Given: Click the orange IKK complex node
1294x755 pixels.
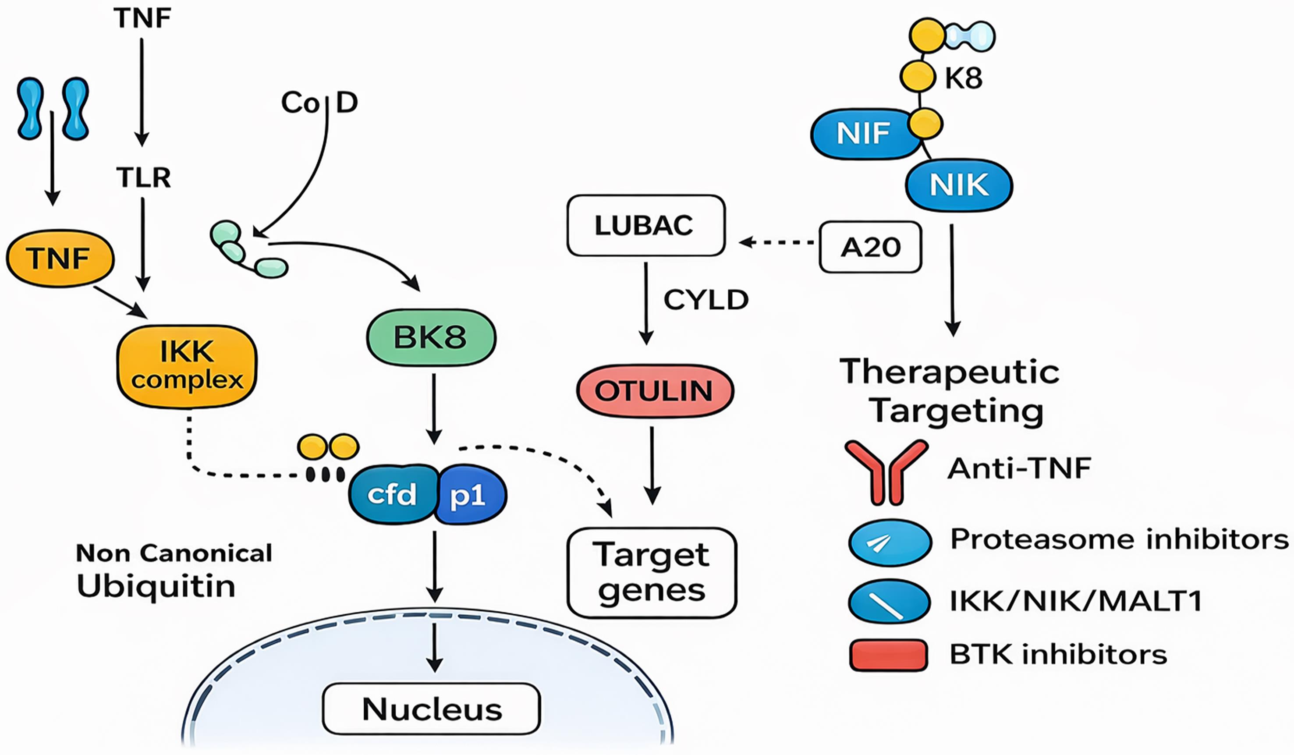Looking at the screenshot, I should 187,366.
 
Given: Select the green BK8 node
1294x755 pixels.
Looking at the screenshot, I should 431,337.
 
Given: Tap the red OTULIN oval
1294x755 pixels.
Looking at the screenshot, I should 655,391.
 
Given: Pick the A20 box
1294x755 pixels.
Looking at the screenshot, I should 870,247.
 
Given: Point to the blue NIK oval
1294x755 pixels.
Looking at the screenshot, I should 958,185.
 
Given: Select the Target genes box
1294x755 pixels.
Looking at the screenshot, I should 652,573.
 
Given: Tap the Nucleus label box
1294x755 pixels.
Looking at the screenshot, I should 431,709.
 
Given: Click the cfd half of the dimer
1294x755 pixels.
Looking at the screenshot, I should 392,495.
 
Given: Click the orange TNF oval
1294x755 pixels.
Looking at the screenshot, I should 60,259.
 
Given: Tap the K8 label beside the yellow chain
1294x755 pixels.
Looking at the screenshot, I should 963,78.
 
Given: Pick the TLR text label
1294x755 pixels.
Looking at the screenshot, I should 143,178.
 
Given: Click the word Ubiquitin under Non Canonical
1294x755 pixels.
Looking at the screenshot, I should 156,586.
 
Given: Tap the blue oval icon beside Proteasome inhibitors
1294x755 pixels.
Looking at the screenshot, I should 890,542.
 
